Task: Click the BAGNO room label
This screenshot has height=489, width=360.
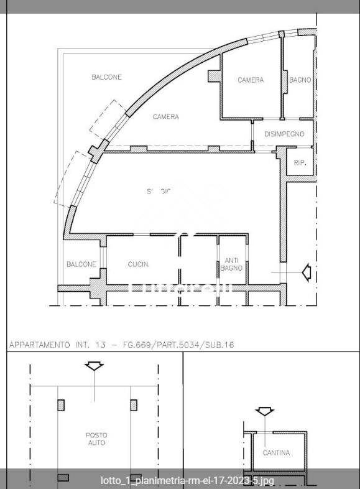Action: tap(300, 80)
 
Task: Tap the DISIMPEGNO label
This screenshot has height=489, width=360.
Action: tap(284, 134)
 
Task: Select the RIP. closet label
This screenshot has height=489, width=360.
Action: tap(300, 163)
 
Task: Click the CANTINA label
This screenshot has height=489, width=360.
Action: tap(276, 453)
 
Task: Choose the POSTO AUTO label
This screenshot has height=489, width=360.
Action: tap(95, 439)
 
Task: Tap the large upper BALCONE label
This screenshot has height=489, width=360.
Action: tap(106, 77)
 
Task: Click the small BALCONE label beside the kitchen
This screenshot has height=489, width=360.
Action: tap(81, 264)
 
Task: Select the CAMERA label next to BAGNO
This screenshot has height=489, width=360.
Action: tap(251, 80)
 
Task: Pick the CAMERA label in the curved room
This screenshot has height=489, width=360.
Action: tap(166, 117)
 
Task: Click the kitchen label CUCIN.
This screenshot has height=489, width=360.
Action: tap(138, 264)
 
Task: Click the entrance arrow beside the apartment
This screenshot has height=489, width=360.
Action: tap(305, 272)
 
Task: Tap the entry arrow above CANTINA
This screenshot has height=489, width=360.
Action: tap(265, 411)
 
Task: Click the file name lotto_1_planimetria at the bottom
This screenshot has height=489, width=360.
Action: tap(187, 480)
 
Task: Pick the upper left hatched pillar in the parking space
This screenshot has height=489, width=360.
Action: tap(61, 405)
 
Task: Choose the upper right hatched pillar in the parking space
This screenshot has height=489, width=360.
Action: tap(134, 405)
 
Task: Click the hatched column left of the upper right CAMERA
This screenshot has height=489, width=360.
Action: tap(213, 75)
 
